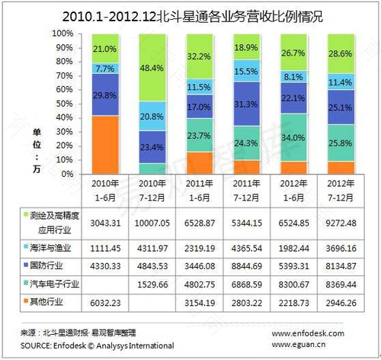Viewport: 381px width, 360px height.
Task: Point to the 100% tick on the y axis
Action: (x=62, y=34)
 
